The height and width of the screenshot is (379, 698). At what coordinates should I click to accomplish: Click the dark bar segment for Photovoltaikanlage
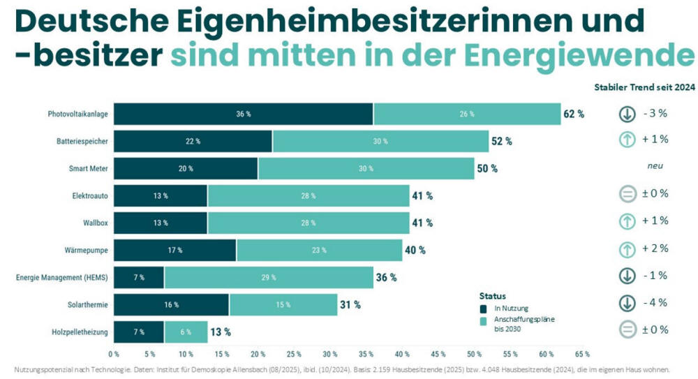(244, 114)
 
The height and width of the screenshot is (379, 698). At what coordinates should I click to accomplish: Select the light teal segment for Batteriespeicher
(380, 141)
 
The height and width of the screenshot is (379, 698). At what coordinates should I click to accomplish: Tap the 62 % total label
(574, 114)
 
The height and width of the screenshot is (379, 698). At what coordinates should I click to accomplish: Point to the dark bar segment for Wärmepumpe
(174, 250)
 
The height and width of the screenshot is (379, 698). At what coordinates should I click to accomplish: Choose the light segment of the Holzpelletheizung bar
(186, 332)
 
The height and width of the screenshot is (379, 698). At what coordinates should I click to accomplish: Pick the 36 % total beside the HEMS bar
(386, 277)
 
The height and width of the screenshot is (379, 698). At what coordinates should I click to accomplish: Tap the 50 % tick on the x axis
(475, 354)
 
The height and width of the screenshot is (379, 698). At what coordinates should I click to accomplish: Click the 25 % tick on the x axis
(294, 354)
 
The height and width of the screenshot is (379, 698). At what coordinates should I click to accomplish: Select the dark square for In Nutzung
(483, 308)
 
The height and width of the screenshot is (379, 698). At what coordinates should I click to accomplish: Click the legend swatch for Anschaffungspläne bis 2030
(483, 321)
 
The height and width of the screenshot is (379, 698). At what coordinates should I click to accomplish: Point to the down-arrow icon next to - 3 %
(627, 114)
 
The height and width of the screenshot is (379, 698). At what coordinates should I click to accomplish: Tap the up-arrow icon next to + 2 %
(627, 248)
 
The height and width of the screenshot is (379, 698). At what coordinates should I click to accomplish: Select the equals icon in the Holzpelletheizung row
(627, 330)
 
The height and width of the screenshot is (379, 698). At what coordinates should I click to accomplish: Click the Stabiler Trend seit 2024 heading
(644, 88)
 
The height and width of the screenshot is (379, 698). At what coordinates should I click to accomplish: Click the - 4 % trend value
(655, 302)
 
